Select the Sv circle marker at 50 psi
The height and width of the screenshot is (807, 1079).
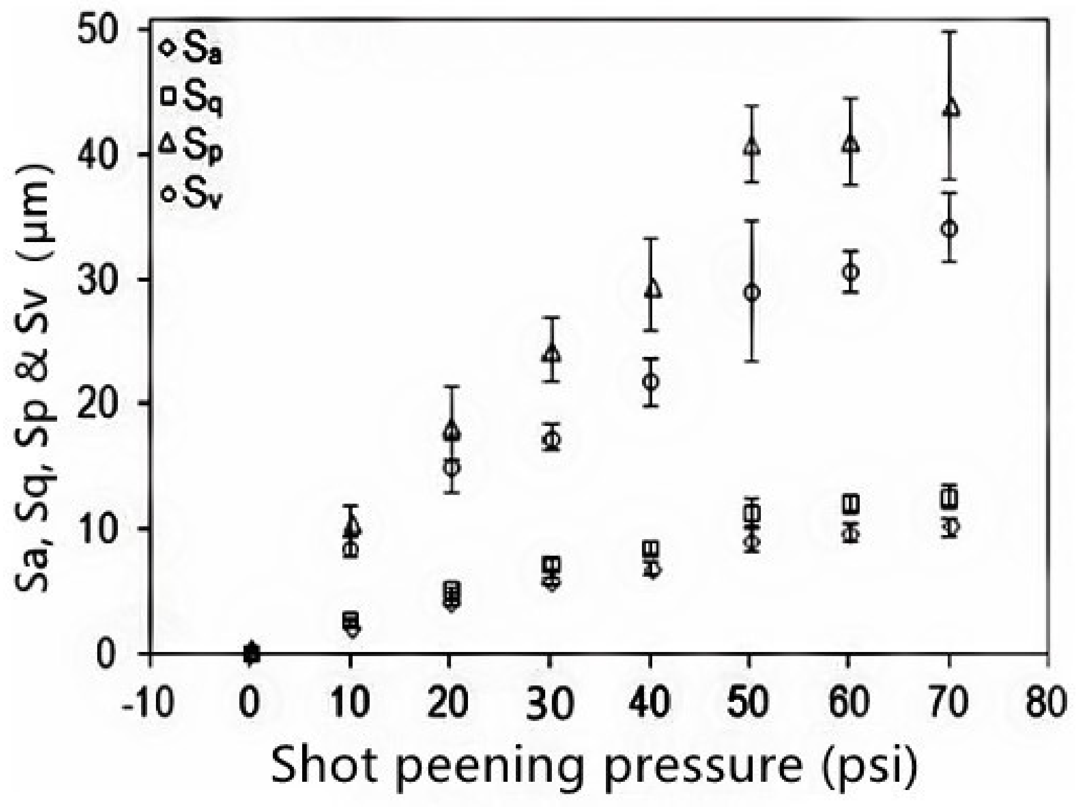pyautogui.click(x=752, y=293)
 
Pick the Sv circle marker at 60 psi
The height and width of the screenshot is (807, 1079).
pyautogui.click(x=852, y=271)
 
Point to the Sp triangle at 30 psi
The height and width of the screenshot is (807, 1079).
pyautogui.click(x=552, y=354)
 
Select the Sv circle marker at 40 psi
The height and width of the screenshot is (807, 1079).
pyautogui.click(x=652, y=382)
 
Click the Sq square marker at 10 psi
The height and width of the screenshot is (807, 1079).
pyautogui.click(x=351, y=619)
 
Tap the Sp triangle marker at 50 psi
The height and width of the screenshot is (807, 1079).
pyautogui.click(x=752, y=147)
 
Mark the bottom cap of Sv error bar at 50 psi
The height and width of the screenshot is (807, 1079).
pyautogui.click(x=752, y=361)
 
